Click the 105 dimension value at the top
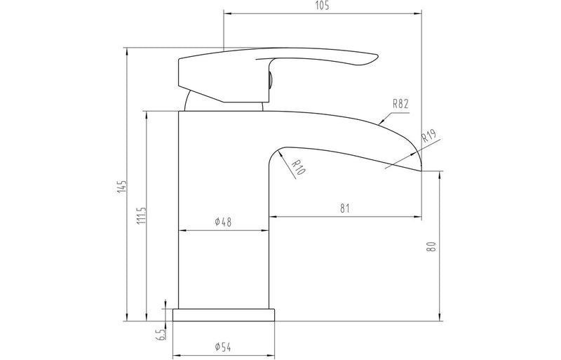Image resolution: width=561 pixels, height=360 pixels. (x=323, y=6)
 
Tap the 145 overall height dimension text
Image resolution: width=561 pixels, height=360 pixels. (x=123, y=186)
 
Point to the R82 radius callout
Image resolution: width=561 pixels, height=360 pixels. (x=400, y=103)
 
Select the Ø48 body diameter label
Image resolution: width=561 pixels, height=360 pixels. (x=223, y=222)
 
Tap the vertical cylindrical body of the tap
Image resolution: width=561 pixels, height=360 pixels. (x=224, y=267)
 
